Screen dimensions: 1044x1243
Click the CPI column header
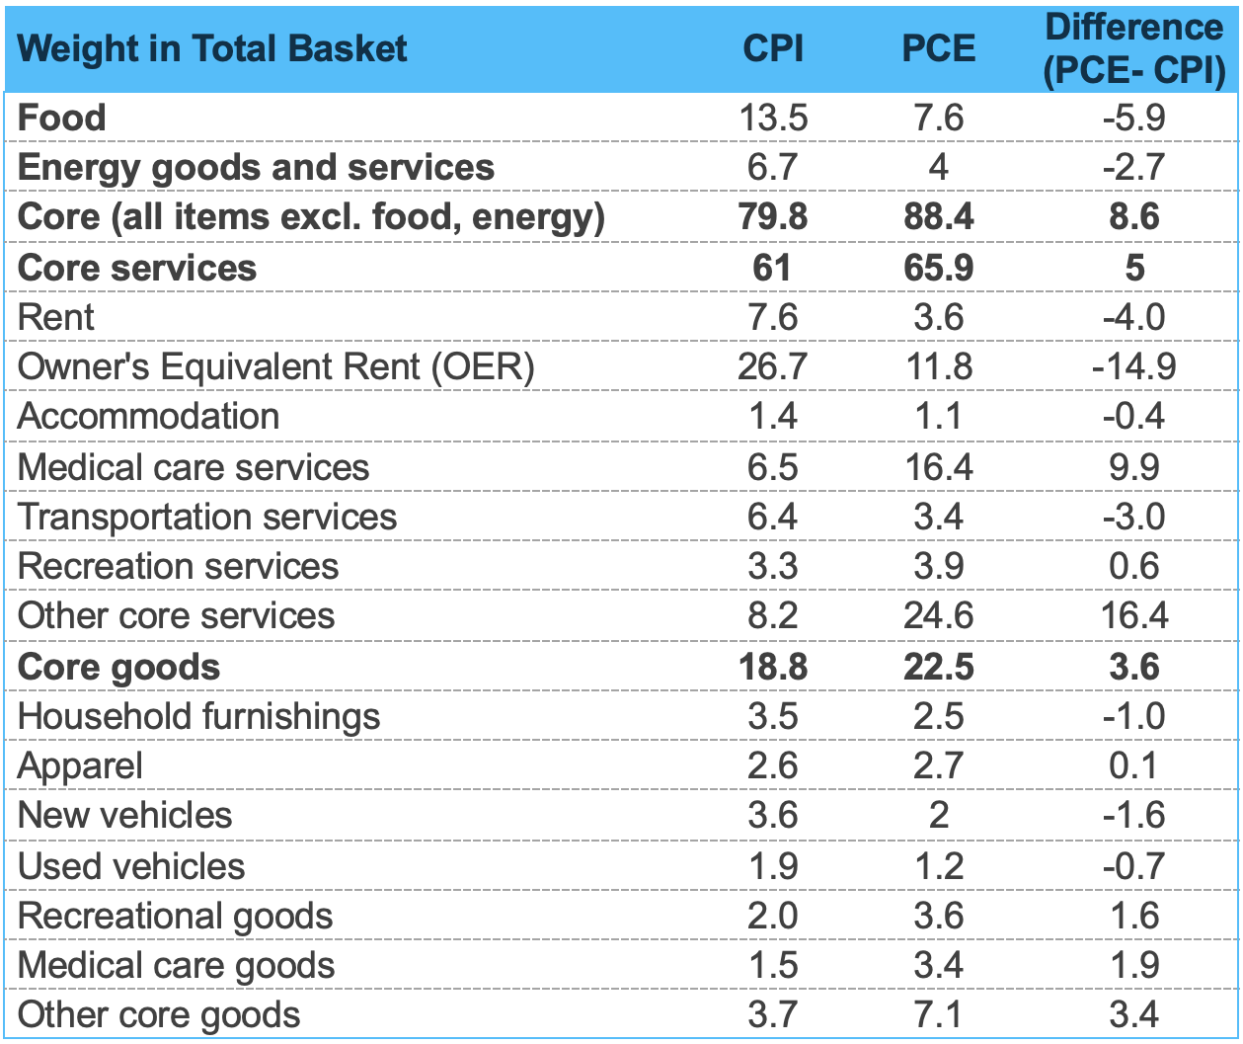[x=773, y=48]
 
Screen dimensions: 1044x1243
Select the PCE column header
[x=938, y=48]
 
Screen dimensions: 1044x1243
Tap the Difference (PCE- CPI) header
[x=1134, y=48]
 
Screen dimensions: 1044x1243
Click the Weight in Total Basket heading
[x=212, y=48]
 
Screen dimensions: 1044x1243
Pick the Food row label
[x=61, y=118]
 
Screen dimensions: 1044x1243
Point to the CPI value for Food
[x=773, y=118]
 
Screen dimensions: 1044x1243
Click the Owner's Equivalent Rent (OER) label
[x=276, y=367]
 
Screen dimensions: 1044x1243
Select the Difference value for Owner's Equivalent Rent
[x=1134, y=367]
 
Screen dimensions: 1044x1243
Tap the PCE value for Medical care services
[x=938, y=467]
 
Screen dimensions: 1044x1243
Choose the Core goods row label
[x=118, y=667]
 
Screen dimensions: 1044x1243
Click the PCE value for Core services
[x=938, y=268]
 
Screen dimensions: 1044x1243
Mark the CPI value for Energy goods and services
[x=773, y=167]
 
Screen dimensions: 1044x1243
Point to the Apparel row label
[x=80, y=766]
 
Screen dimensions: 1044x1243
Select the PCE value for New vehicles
[x=938, y=816]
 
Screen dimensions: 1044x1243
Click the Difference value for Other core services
[x=1134, y=616]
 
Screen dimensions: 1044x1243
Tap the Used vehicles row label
[x=131, y=866]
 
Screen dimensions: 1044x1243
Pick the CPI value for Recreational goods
[x=773, y=916]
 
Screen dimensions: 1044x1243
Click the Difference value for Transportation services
[x=1134, y=517]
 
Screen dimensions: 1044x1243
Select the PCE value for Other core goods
[x=938, y=1015]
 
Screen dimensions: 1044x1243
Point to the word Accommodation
[x=148, y=417]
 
